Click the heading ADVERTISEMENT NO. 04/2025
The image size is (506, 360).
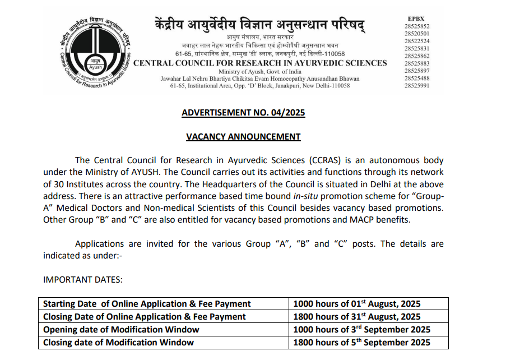pos(243,113)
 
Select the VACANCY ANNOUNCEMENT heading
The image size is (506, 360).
pos(243,137)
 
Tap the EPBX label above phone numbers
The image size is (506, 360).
pos(416,19)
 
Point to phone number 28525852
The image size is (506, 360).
pos(416,26)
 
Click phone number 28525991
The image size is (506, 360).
pos(416,85)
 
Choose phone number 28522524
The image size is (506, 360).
pos(416,41)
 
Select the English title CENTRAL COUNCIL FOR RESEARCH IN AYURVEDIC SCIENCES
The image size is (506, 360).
pos(260,63)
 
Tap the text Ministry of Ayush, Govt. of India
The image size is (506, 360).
pos(260,72)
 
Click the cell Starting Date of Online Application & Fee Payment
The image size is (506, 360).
pos(147,304)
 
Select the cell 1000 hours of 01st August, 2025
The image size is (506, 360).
pos(357,304)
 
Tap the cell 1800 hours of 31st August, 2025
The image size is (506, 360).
pos(357,317)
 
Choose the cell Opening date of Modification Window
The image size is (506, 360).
pos(121,330)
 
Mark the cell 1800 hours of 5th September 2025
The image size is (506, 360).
pos(362,342)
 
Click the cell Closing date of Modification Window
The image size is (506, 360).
pos(118,342)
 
